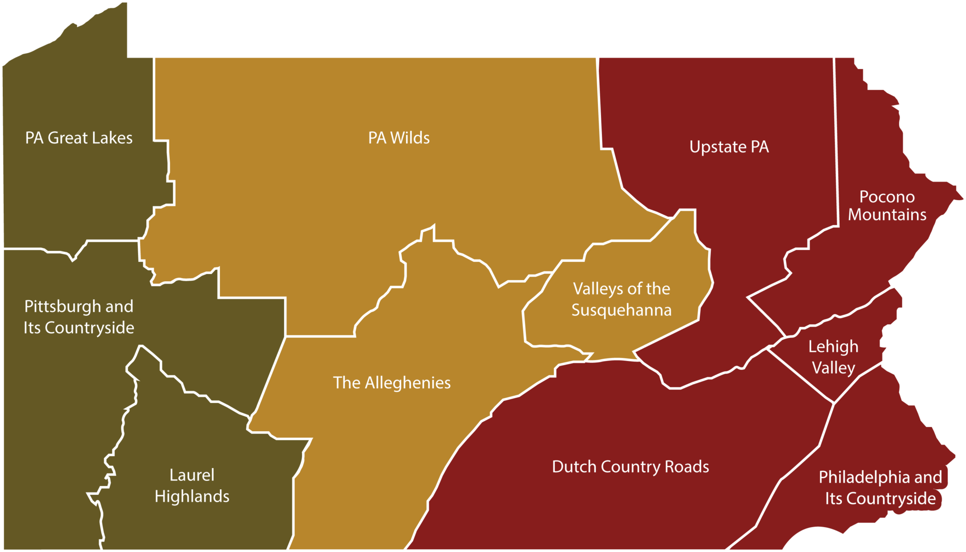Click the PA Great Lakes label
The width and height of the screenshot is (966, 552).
pos(79,138)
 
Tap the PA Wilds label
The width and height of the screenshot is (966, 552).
pos(399,138)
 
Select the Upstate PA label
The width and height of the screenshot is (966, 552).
pos(729,147)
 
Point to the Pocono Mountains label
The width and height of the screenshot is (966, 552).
pos(887,206)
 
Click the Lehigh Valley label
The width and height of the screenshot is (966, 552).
pos(833,357)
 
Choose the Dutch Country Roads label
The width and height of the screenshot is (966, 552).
pos(631,467)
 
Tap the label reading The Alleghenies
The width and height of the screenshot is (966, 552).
pos(392,383)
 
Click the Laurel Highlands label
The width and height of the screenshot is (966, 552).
pos(192,485)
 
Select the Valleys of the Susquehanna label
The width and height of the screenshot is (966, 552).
pos(622,299)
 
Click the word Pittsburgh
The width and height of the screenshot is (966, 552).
pos(63,307)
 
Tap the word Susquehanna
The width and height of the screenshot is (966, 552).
pos(622,310)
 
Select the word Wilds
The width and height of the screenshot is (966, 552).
pos(410,138)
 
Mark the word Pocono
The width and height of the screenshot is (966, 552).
pos(887,197)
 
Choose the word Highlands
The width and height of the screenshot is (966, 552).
pos(192,496)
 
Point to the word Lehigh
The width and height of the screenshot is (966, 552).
pos(833,347)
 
